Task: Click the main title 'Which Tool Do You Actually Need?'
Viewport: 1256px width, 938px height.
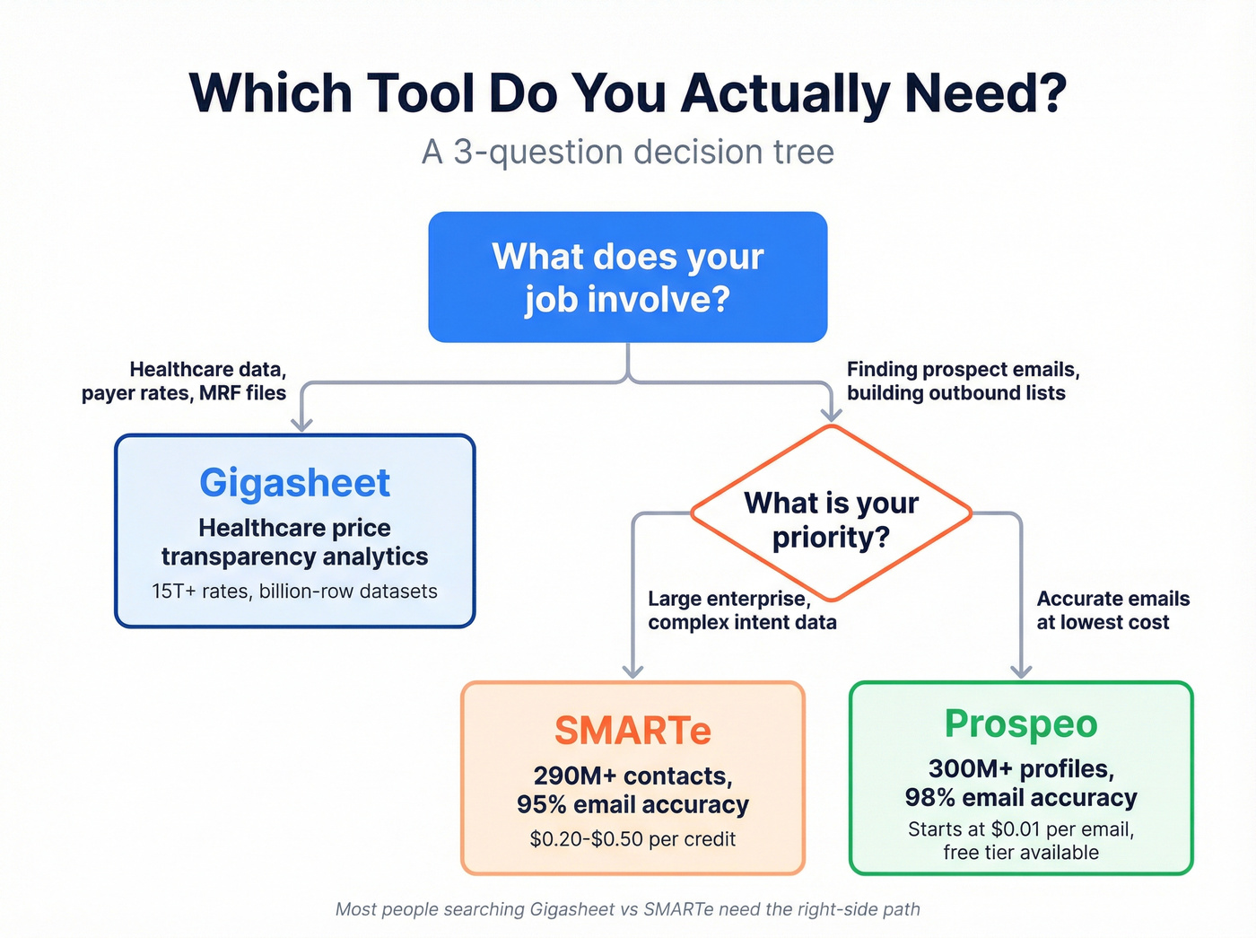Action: click(x=628, y=92)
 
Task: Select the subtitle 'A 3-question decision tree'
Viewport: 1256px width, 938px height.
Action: click(x=628, y=152)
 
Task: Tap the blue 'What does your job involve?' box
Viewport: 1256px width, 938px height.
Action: click(x=628, y=277)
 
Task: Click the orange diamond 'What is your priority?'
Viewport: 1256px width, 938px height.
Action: click(x=831, y=519)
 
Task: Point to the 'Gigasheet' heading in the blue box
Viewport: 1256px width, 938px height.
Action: click(x=294, y=483)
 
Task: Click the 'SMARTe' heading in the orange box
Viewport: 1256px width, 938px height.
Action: click(x=632, y=731)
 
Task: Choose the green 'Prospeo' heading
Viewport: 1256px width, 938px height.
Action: click(x=1021, y=723)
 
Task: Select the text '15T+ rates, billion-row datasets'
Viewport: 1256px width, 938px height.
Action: click(x=294, y=592)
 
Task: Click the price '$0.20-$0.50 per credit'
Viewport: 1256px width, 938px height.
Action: click(x=632, y=839)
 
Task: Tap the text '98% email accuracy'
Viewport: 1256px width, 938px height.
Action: click(x=1021, y=798)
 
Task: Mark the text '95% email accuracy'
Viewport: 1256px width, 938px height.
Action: click(x=632, y=805)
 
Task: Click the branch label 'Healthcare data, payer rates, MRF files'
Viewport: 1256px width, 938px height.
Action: click(x=184, y=381)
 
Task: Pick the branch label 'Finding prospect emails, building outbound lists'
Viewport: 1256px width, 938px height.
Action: click(x=963, y=381)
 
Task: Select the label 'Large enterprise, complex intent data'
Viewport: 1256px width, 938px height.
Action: click(x=742, y=610)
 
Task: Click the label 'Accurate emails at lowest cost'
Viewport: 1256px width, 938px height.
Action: click(x=1112, y=610)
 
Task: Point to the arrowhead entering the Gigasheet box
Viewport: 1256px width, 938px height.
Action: click(x=302, y=424)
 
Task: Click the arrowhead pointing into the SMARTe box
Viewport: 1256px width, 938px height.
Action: click(x=633, y=671)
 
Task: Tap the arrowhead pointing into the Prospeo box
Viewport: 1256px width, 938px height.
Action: click(x=1021, y=671)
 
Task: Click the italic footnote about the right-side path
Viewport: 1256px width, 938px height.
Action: click(x=628, y=909)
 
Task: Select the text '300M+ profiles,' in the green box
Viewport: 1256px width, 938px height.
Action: click(x=1021, y=769)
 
